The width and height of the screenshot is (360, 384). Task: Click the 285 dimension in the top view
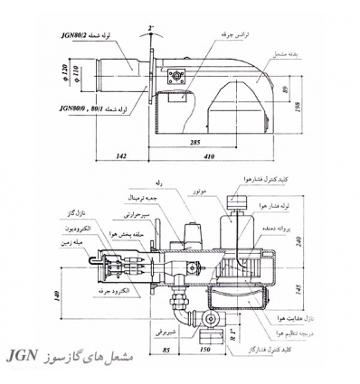pyautogui.click(x=213, y=143)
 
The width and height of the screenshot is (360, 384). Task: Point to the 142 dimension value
pyautogui.click(x=120, y=158)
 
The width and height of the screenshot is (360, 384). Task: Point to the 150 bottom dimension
pyautogui.click(x=204, y=349)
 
